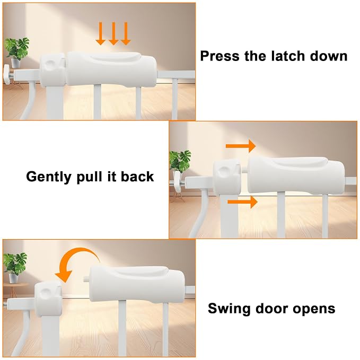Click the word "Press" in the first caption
click(x=219, y=56)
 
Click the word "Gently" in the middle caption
click(x=49, y=177)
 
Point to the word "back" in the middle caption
click(x=137, y=177)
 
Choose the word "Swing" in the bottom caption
click(x=229, y=309)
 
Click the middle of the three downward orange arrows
click(x=113, y=33)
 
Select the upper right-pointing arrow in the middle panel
click(x=241, y=146)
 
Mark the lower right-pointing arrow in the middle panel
click(x=242, y=202)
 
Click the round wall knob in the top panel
click(x=6, y=74)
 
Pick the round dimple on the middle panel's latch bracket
click(x=223, y=171)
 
